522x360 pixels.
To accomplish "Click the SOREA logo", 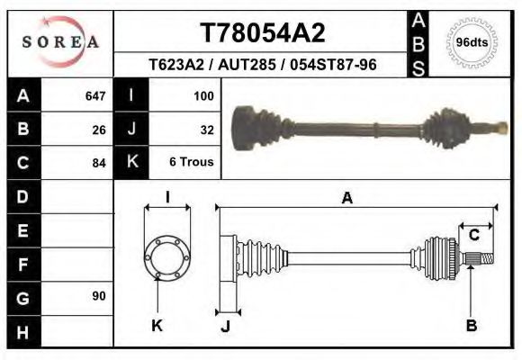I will pos(60,42).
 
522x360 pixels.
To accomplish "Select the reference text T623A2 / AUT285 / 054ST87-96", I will pos(262,65).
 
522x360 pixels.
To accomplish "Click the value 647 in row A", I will pos(94,95).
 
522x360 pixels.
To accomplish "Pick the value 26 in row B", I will pos(98,129).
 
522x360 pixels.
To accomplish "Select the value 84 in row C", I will pos(98,163).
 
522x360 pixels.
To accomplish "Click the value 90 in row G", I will pos(98,296).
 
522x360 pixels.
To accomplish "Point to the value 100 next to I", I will pos(202,95).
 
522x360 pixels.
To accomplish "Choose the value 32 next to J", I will pos(206,129).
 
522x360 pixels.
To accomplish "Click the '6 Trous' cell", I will pos(192,163).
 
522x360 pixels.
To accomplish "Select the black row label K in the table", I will pos(131,163).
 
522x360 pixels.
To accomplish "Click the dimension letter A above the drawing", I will pos(346,199).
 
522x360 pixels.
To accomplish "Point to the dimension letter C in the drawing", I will pos(473,236).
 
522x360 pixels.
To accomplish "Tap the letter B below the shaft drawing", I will pos(471,326).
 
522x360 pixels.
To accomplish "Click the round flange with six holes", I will pos(167,256).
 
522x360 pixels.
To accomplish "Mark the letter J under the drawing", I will pos(225,326).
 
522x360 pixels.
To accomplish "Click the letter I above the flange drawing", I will pos(167,197).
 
